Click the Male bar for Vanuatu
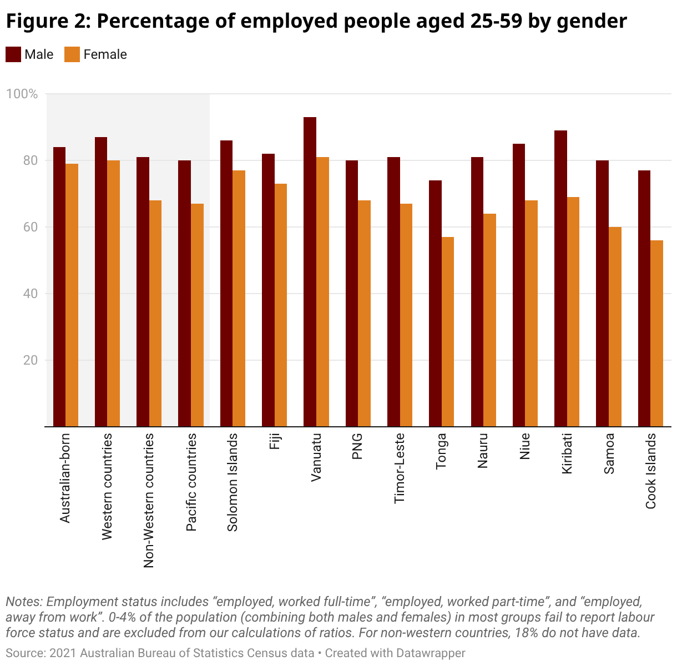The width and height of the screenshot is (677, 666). pyautogui.click(x=310, y=272)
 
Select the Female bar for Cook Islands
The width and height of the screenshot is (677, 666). pyautogui.click(x=656, y=333)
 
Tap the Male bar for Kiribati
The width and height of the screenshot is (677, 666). pyautogui.click(x=560, y=277)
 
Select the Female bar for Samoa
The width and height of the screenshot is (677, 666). pyautogui.click(x=615, y=327)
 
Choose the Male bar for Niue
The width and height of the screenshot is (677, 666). pyautogui.click(x=519, y=285)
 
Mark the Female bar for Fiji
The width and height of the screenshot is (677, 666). pyautogui.click(x=280, y=305)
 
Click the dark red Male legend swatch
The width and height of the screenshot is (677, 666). pyautogui.click(x=13, y=54)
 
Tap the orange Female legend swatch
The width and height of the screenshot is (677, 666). pyautogui.click(x=72, y=54)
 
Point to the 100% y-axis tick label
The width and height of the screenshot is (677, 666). pyautogui.click(x=22, y=94)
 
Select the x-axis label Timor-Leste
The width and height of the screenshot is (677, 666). pyautogui.click(x=400, y=468)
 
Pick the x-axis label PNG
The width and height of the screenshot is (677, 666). pyautogui.click(x=357, y=446)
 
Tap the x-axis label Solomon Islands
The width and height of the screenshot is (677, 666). pyautogui.click(x=233, y=482)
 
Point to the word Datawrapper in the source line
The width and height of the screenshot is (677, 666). pyautogui.click(x=431, y=653)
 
